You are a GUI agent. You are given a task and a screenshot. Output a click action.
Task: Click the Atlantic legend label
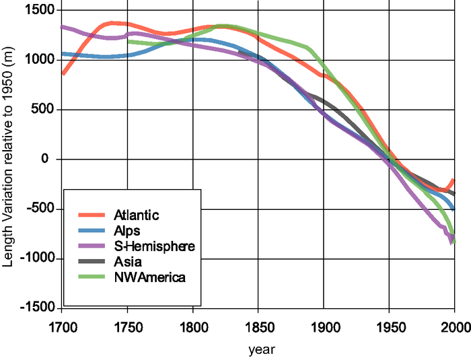(x=137, y=215)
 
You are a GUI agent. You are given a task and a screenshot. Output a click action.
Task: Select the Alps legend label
(x=128, y=231)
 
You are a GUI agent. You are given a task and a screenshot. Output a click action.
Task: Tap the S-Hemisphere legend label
(x=154, y=246)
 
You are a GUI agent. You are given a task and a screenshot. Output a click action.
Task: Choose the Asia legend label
(x=128, y=262)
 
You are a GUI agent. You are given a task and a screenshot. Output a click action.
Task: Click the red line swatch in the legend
(x=92, y=215)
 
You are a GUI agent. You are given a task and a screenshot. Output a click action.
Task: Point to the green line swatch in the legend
(x=92, y=277)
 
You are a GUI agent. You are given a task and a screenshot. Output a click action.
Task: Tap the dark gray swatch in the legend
(x=92, y=262)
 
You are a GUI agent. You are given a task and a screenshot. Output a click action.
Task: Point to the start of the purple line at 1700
(x=62, y=27)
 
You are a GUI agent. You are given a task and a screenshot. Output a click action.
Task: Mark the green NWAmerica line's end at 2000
(x=455, y=242)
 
